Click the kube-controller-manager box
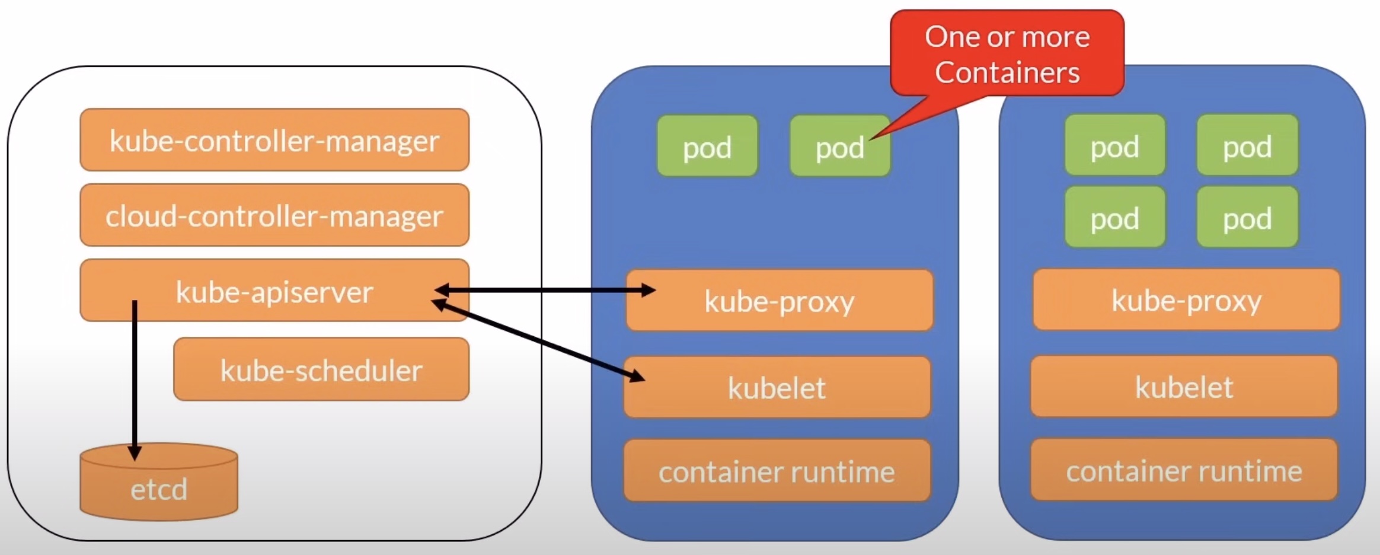274,140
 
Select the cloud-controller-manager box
274,215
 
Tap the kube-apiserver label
274,292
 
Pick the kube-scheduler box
321,369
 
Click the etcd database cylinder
159,486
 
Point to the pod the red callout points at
839,146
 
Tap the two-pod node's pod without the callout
707,146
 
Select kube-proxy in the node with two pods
780,301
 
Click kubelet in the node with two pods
777,387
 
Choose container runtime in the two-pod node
777,471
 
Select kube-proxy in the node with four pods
1186,299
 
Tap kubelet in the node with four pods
1184,387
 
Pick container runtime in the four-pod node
1184,470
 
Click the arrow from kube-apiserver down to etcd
135,379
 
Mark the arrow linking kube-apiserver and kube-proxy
545,291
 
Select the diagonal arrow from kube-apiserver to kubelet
539,341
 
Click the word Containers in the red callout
1007,72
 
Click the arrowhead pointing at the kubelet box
638,376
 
